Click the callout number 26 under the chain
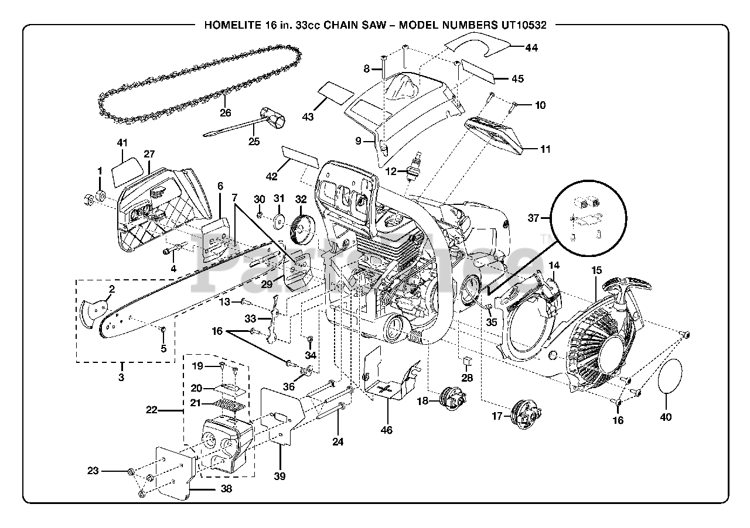[x=226, y=113]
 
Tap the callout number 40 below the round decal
[x=666, y=417]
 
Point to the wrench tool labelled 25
[x=252, y=122]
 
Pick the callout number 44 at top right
[x=531, y=48]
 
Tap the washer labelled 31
[x=278, y=222]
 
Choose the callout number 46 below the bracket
[x=386, y=430]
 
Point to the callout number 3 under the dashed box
[x=121, y=378]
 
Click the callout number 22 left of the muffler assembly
[x=152, y=410]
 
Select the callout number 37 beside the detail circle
[x=533, y=218]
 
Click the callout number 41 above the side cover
[x=122, y=142]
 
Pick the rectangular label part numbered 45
[x=479, y=69]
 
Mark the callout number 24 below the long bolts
[x=337, y=442]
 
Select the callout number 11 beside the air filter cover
[x=545, y=149]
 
